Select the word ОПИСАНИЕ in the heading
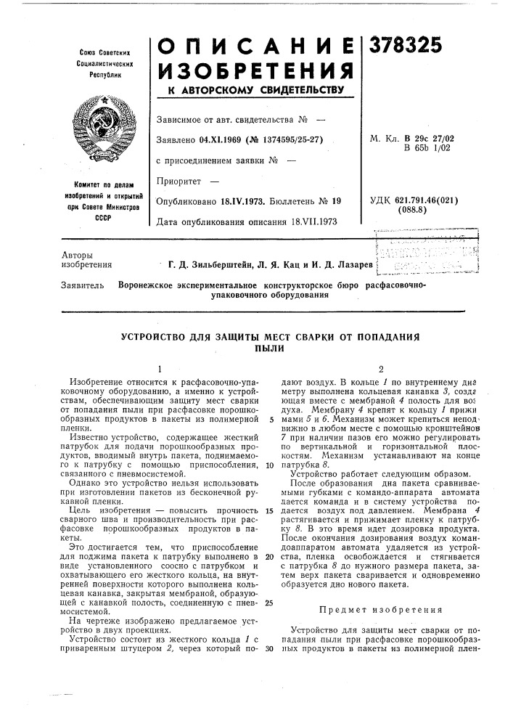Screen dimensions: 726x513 click(255, 46)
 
